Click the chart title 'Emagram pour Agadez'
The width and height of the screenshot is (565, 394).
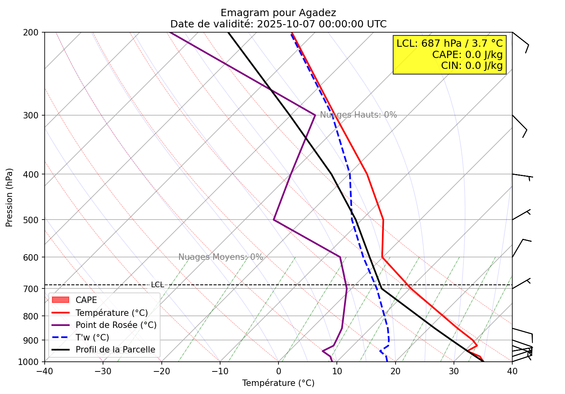(x=278, y=13)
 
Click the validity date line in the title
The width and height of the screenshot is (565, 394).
(x=278, y=24)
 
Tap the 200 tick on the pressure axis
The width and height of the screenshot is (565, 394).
(x=33, y=32)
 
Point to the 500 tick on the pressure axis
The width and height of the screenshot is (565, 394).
(x=33, y=220)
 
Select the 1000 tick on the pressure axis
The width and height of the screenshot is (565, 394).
(x=31, y=362)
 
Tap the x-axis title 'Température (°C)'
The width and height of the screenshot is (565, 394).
(x=278, y=383)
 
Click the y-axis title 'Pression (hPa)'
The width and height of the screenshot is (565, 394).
(x=9, y=197)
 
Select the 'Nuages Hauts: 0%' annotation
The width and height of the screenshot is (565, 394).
(x=358, y=115)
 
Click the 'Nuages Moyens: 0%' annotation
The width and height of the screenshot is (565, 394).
(x=221, y=257)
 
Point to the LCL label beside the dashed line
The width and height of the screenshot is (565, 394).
(x=157, y=285)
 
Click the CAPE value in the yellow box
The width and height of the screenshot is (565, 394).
(x=467, y=55)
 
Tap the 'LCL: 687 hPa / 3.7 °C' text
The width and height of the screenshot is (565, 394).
(x=450, y=44)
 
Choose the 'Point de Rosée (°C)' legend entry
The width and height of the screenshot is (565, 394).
(x=116, y=325)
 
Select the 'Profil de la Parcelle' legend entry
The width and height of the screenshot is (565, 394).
(x=115, y=350)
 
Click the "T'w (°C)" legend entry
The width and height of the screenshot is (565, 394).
(x=92, y=338)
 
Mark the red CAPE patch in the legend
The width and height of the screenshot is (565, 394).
(x=61, y=300)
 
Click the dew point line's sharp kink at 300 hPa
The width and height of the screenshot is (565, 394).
(x=315, y=115)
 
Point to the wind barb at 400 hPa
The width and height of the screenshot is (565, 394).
(x=522, y=176)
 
